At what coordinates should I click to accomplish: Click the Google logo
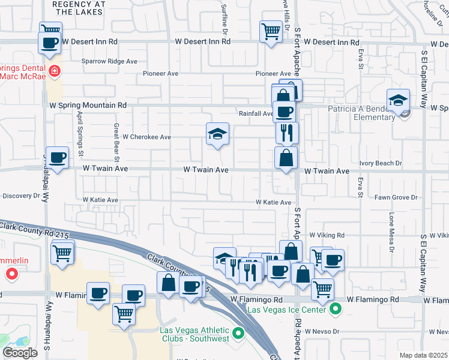20,353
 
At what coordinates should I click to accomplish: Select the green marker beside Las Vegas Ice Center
335,310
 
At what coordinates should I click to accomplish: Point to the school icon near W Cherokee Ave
218,134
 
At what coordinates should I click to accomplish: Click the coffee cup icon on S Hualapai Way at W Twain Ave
57,158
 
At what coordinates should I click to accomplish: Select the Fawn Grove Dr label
395,197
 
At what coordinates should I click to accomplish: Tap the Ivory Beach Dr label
381,163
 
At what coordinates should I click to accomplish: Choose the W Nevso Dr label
322,331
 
